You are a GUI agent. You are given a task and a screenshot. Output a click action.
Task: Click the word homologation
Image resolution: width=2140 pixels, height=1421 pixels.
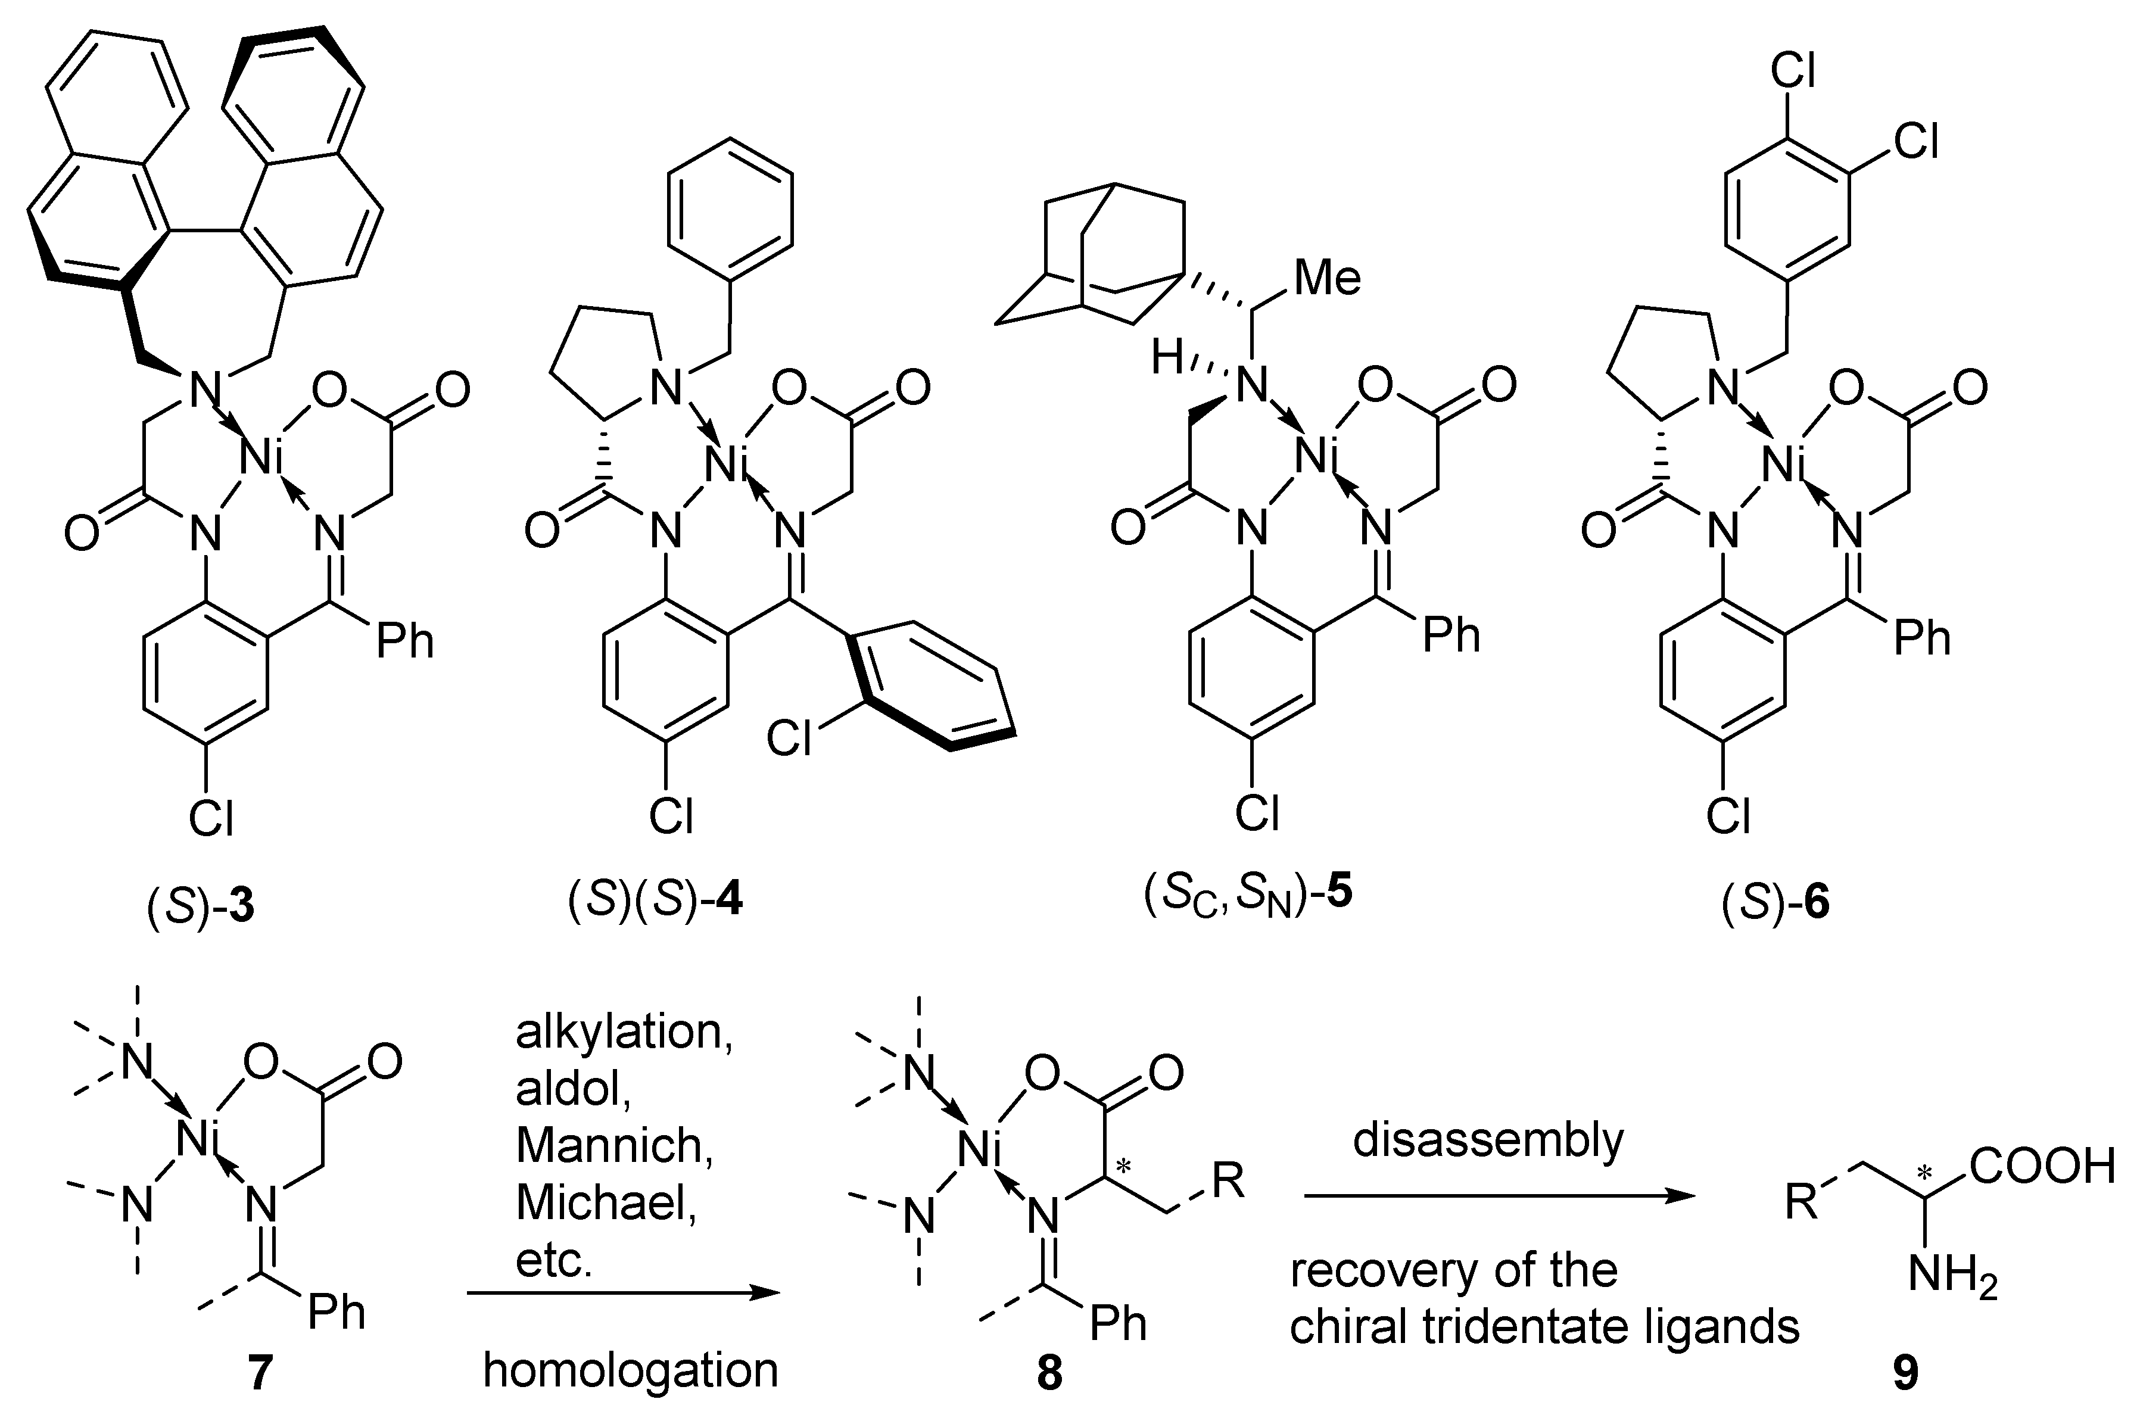click(x=631, y=1370)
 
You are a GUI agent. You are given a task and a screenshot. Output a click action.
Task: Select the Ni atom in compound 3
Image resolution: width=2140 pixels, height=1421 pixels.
click(x=263, y=457)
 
